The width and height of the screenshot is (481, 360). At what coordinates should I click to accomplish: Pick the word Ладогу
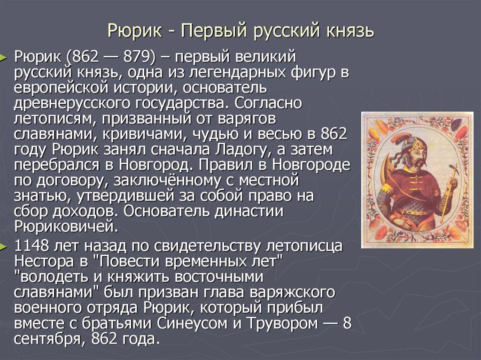[244, 150]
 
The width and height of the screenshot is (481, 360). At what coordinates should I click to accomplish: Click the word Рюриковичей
[66, 227]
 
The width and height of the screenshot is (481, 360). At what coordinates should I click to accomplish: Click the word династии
[248, 211]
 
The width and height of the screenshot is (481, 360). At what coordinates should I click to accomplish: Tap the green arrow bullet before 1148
[3, 246]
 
